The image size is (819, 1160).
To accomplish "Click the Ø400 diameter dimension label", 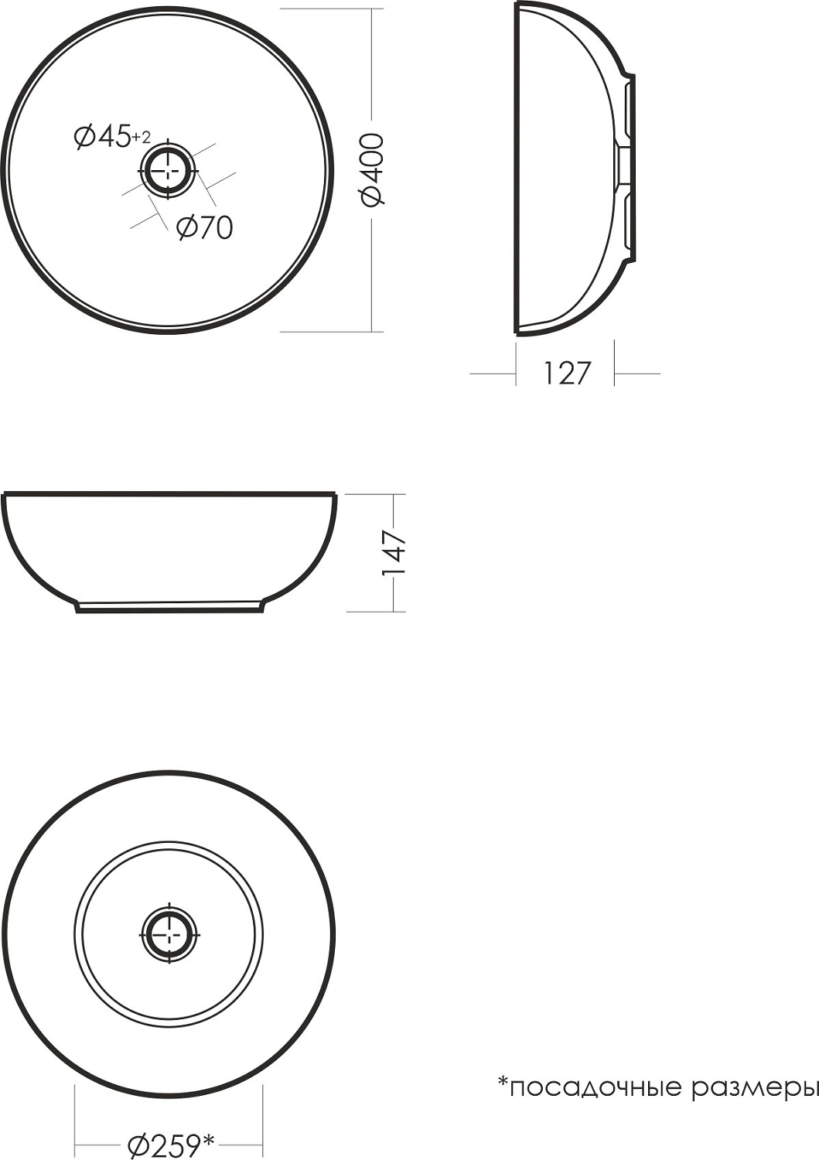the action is [x=373, y=170].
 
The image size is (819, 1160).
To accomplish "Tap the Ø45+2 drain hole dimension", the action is [x=111, y=137].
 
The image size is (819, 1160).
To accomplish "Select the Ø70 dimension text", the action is [x=204, y=227].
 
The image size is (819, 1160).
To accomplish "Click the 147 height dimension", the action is [x=393, y=553].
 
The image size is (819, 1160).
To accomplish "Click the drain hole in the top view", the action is [x=169, y=170].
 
